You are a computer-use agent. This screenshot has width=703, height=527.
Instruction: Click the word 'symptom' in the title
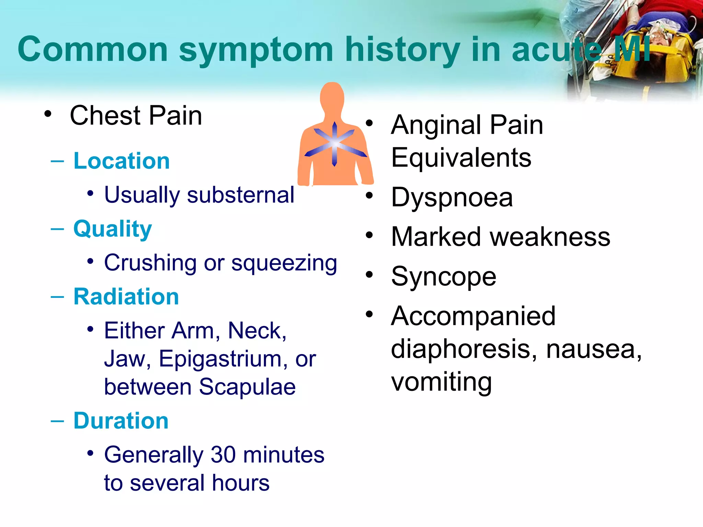pyautogui.click(x=256, y=50)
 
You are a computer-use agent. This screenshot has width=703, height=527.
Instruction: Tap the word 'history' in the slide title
pyautogui.click(x=402, y=50)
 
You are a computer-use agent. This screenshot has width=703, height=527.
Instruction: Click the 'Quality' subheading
pyautogui.click(x=113, y=229)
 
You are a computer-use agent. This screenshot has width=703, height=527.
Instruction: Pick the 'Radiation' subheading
pyautogui.click(x=126, y=296)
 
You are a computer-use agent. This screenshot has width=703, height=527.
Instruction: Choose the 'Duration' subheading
pyautogui.click(x=121, y=421)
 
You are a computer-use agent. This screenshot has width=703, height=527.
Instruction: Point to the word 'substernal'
pyautogui.click(x=240, y=195)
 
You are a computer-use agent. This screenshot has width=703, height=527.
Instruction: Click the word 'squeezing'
pyautogui.click(x=284, y=263)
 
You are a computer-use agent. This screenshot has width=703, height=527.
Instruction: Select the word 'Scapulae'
pyautogui.click(x=247, y=387)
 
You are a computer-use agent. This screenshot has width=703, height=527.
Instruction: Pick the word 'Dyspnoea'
pyautogui.click(x=452, y=198)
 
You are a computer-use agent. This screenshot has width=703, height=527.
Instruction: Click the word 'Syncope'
pyautogui.click(x=443, y=277)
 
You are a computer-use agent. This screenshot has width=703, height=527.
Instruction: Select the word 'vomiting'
pyautogui.click(x=441, y=382)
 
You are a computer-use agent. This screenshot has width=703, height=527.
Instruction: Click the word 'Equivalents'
pyautogui.click(x=461, y=157)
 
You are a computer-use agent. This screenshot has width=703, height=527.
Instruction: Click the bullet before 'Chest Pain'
pyautogui.click(x=48, y=114)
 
